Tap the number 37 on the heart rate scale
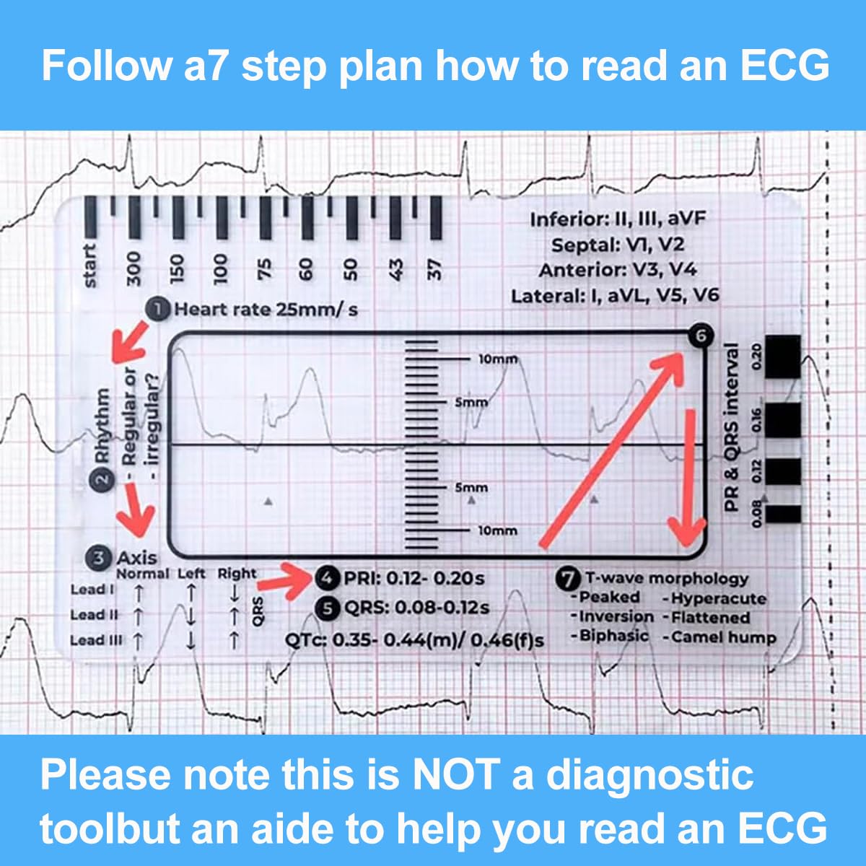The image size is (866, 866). coord(434,268)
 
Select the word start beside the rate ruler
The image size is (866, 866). coord(89,266)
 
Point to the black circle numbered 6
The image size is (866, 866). coord(699,336)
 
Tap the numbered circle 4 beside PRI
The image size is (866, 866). coord(328,578)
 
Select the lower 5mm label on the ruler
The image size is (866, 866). coord(471,488)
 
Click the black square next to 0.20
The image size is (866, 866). coord(782,357)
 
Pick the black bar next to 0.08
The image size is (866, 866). coord(782,514)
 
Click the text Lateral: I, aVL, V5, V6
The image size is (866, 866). coord(615,296)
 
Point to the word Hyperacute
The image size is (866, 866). coord(717,598)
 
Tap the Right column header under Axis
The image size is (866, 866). coord(237,574)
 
